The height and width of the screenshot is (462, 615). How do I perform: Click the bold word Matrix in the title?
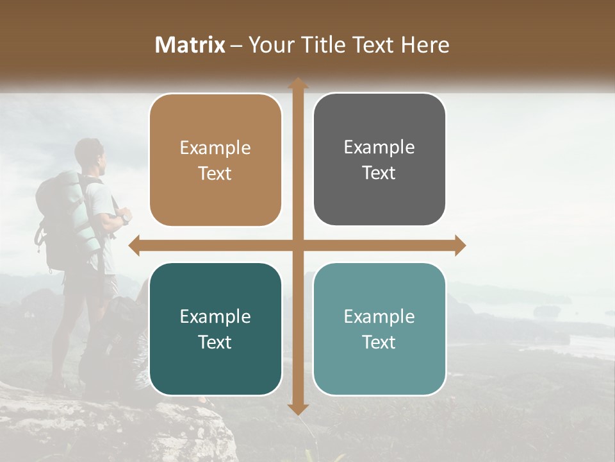click(x=190, y=45)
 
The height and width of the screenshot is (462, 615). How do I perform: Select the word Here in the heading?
click(x=425, y=45)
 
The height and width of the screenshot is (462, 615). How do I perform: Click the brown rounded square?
click(x=215, y=160)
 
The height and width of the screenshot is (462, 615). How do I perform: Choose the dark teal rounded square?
click(x=215, y=329)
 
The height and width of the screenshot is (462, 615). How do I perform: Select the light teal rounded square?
click(x=379, y=329)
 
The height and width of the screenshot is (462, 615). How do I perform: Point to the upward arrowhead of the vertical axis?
click(x=298, y=83)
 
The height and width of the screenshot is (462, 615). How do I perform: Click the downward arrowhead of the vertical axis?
click(x=298, y=409)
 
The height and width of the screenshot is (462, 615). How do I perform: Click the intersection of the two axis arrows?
click(x=298, y=245)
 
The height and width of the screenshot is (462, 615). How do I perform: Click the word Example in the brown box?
click(x=215, y=148)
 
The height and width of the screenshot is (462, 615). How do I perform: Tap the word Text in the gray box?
click(x=379, y=173)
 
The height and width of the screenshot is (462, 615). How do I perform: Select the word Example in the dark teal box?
click(x=215, y=317)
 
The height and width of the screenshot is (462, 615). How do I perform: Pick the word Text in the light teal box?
click(x=379, y=342)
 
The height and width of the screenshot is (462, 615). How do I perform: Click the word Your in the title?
click(x=269, y=45)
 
